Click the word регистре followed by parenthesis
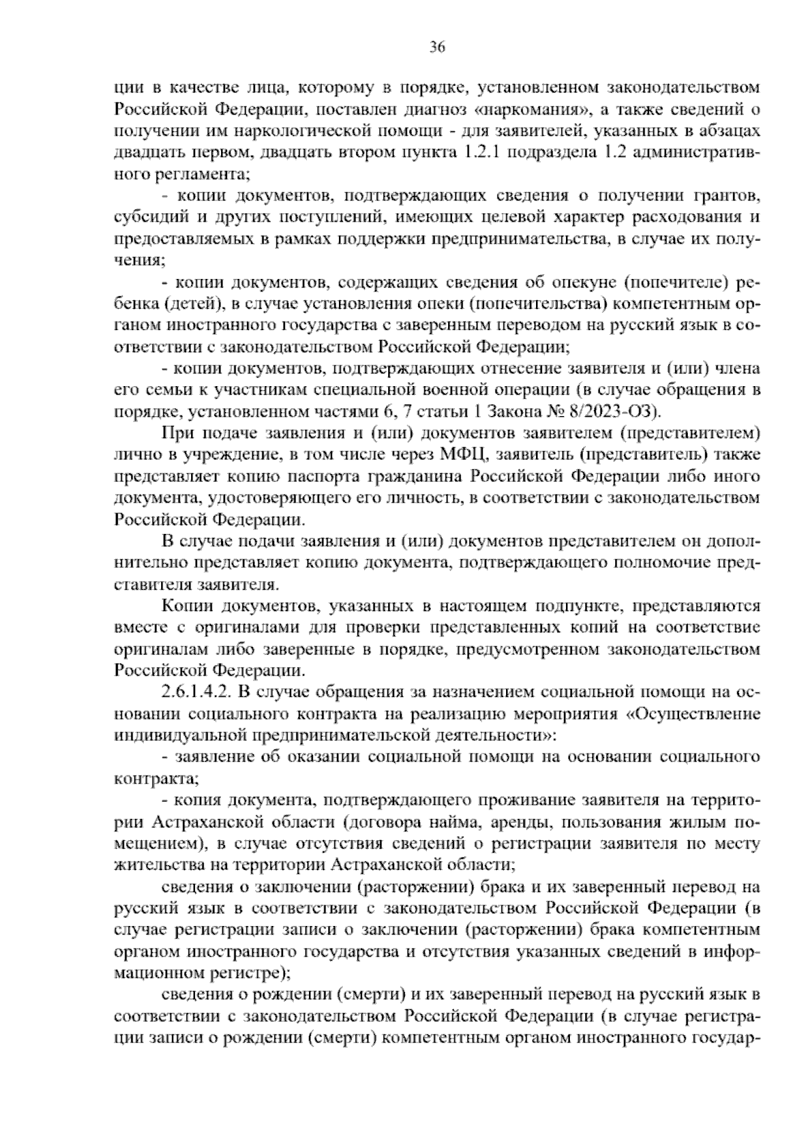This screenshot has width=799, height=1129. (x=247, y=973)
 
